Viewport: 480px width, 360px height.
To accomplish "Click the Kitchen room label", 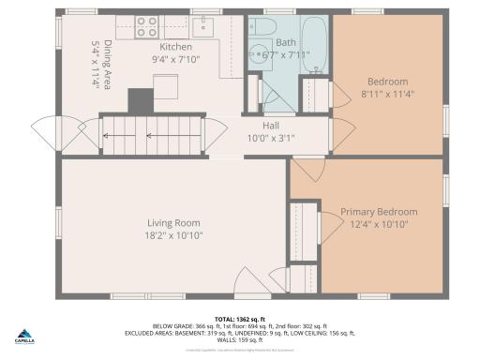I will [x=175, y=47].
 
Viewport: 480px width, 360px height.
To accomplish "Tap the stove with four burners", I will [x=146, y=26].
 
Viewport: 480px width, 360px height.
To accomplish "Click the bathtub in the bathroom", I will [x=315, y=44].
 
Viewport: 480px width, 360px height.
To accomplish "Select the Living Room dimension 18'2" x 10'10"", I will [x=172, y=236].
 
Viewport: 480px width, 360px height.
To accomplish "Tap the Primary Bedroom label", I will [x=379, y=212].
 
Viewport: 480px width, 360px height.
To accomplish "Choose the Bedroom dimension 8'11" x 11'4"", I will [x=387, y=94].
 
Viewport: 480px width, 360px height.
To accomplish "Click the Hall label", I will [x=270, y=125].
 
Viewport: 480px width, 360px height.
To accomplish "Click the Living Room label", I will [x=172, y=223].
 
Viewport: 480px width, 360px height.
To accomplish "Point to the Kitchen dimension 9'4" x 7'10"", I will [x=175, y=60].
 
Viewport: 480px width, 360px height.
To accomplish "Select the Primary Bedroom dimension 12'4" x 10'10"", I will [x=379, y=225].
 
